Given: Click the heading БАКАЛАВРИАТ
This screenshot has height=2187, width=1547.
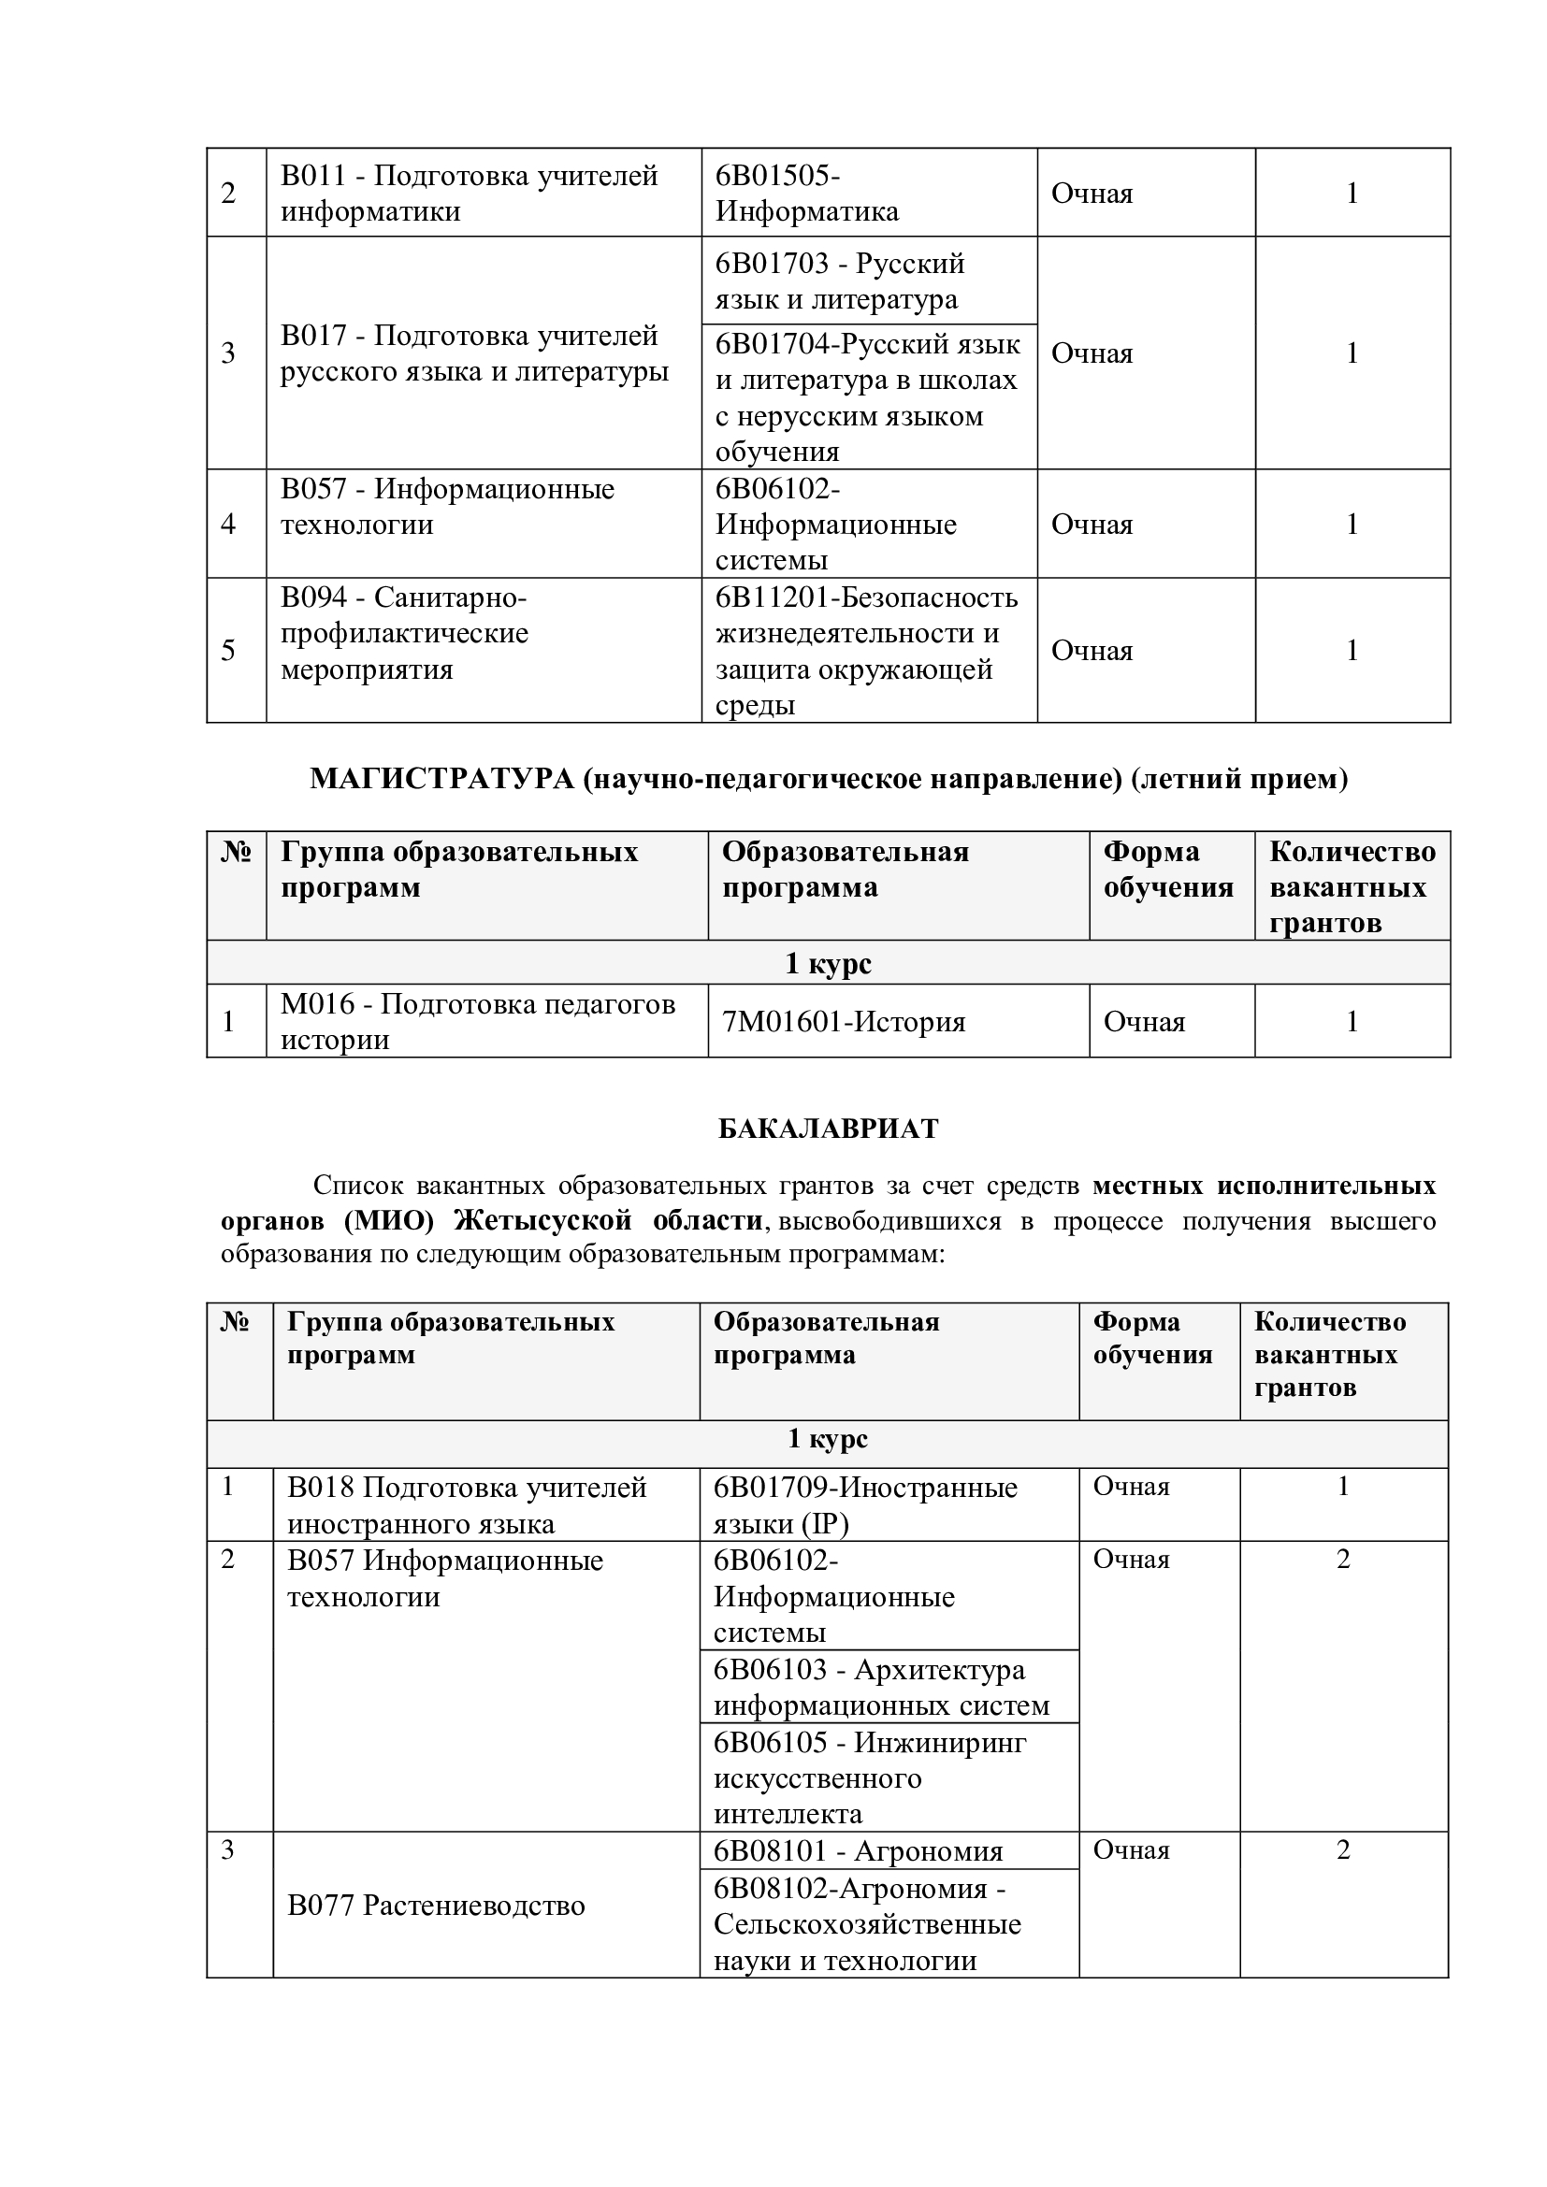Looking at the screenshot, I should click(828, 1129).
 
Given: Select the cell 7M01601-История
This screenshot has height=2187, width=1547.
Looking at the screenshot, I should click(843, 1022).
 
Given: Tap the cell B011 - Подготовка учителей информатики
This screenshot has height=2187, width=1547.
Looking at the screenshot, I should click(469, 193).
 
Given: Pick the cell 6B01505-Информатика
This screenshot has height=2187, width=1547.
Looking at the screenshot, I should click(807, 193).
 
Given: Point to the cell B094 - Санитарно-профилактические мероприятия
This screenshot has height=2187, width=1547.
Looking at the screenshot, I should click(404, 633).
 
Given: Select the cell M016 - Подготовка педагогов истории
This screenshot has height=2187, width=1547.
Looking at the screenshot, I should click(477, 1021).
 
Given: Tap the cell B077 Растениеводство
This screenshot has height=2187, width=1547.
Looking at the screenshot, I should click(436, 1905).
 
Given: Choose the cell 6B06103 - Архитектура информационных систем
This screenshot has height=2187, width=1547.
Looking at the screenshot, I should click(881, 1687).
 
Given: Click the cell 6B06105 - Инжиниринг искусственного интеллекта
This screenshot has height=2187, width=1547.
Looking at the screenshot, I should click(870, 1777).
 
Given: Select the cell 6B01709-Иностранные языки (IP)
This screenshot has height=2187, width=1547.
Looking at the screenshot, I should click(865, 1505).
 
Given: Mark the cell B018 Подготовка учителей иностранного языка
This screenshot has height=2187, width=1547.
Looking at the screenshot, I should click(467, 1505).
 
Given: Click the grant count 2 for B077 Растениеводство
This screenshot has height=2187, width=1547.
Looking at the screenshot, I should click(1343, 1849).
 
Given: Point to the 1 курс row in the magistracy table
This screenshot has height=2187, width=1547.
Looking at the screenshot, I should click(828, 963).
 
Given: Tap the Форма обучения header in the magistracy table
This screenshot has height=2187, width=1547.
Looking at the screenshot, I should click(1168, 869).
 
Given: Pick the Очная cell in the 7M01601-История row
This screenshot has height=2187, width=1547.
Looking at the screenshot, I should click(1144, 1022).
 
